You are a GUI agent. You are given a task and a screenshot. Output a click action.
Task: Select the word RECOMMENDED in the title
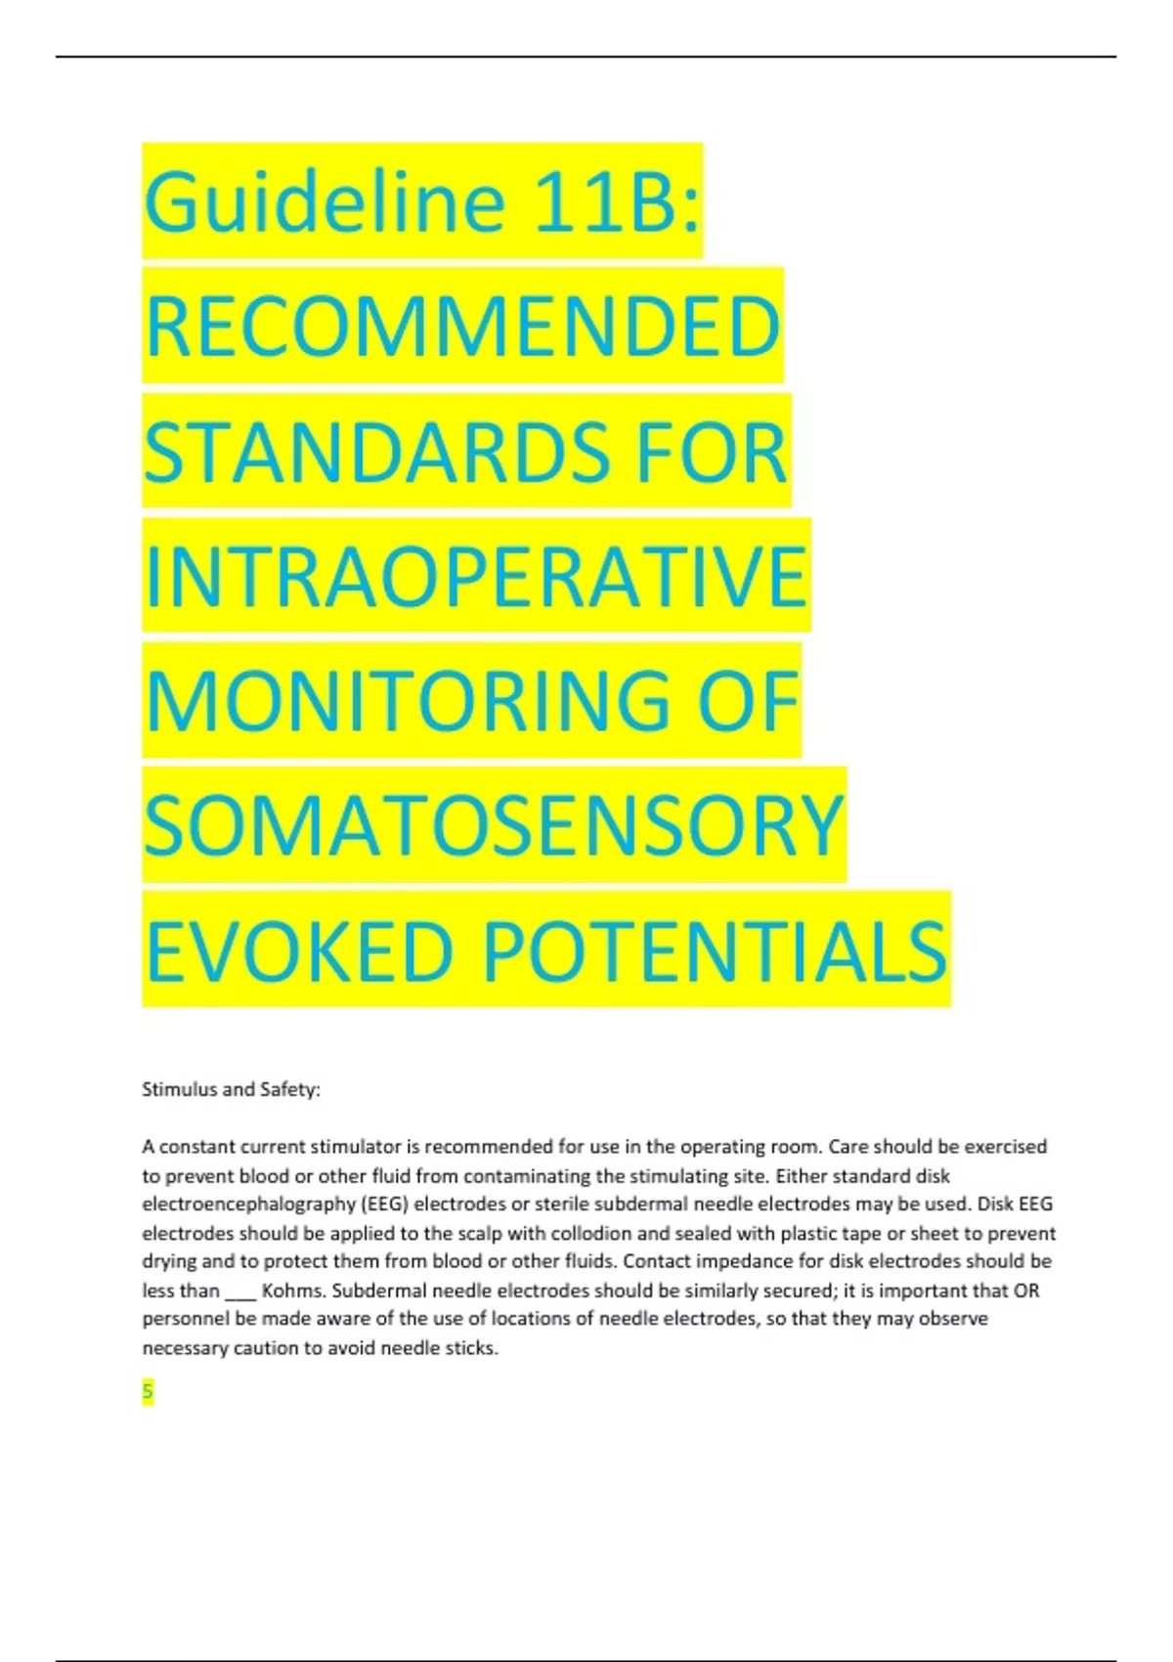click(462, 327)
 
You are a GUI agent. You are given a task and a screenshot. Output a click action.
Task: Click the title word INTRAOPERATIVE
click(476, 576)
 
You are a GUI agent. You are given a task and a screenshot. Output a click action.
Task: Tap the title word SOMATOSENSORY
click(494, 825)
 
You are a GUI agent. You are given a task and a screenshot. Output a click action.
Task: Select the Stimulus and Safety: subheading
click(231, 1089)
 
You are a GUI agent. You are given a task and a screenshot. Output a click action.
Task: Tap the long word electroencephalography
click(248, 1203)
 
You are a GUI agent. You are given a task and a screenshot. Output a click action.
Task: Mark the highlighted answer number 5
click(148, 1392)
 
